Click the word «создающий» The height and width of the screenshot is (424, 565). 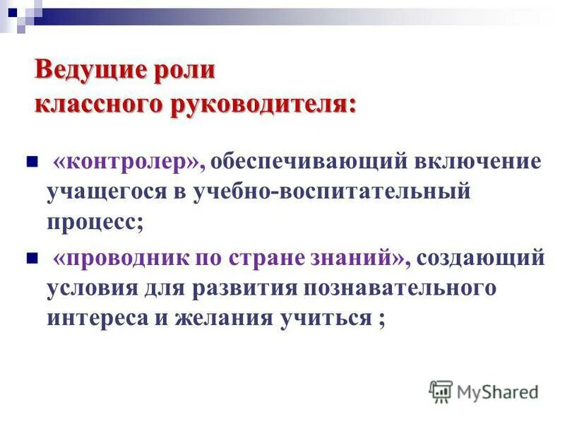point(480,258)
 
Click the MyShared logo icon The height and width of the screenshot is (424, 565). point(440,390)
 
